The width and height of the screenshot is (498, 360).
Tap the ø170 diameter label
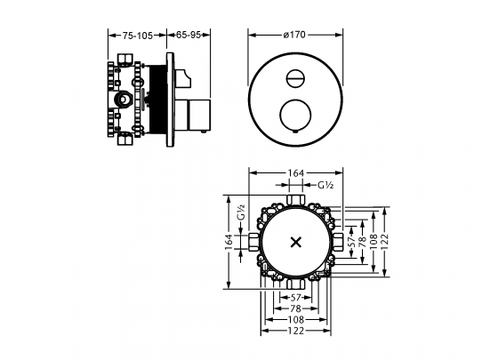point(294,36)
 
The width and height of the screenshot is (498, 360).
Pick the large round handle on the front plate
point(294,116)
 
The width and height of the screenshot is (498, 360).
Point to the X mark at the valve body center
point(296,241)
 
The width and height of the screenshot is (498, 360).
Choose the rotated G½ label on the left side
point(241,214)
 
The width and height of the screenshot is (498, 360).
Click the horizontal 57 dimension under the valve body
point(296,296)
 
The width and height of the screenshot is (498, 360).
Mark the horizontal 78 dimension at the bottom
point(296,308)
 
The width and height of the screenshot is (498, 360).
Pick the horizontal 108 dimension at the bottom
point(296,319)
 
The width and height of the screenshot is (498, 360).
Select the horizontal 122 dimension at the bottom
point(296,331)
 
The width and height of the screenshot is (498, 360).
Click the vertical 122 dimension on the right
point(385,240)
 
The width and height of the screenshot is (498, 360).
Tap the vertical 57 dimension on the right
point(350,240)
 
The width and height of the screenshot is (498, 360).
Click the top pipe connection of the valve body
point(296,195)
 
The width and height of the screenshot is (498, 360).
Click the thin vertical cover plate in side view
point(171,98)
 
